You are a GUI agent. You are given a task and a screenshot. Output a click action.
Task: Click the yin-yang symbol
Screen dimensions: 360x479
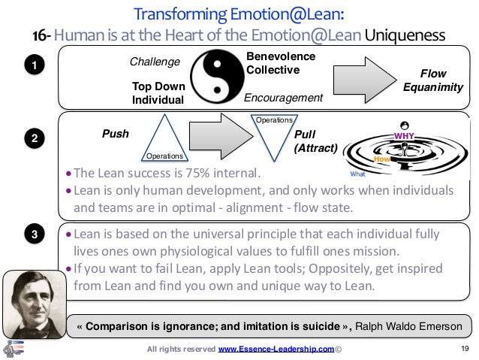click(216, 78)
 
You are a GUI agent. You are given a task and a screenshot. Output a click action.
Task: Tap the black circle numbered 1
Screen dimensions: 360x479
click(32, 67)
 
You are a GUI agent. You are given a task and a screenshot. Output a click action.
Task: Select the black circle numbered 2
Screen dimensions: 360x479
click(32, 138)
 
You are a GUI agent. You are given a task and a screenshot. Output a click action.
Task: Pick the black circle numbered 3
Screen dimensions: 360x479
click(32, 236)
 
